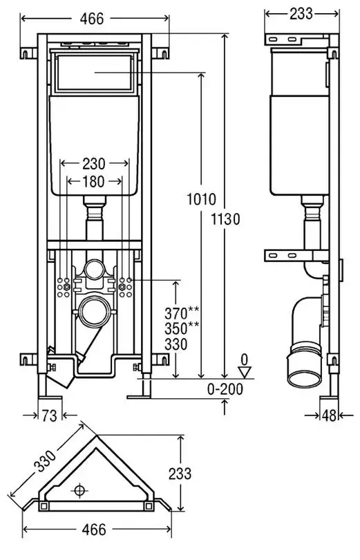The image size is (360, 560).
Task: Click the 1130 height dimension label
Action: [225, 219]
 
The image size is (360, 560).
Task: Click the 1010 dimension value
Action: [202, 199]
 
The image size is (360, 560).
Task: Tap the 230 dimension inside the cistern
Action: [94, 164]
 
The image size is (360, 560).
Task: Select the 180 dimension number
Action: [93, 182]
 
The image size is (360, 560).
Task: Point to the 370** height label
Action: [182, 313]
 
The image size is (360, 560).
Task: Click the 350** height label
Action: [182, 328]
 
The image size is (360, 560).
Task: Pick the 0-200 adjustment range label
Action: [225, 389]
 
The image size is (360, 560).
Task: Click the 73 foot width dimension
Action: [49, 416]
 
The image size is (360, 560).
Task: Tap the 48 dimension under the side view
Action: [329, 416]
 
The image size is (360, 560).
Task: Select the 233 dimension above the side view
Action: [301, 14]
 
